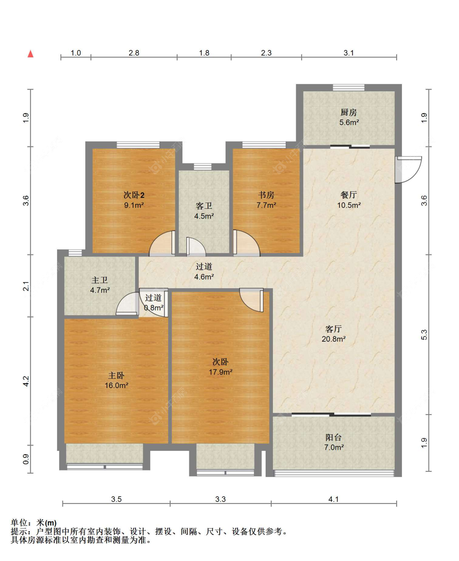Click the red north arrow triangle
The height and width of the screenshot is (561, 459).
pyautogui.click(x=31, y=54)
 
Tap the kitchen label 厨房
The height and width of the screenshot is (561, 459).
pyautogui.click(x=348, y=113)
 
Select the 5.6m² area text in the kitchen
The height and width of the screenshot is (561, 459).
pyautogui.click(x=349, y=122)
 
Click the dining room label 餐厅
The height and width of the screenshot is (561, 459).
pyautogui.click(x=348, y=195)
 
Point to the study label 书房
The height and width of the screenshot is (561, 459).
pyautogui.click(x=266, y=195)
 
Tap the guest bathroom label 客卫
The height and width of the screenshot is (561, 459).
pyautogui.click(x=204, y=206)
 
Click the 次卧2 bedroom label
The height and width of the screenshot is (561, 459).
pyautogui.click(x=134, y=195)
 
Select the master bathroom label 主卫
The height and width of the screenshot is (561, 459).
pyautogui.click(x=100, y=280)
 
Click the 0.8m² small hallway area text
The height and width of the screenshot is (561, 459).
pyautogui.click(x=154, y=308)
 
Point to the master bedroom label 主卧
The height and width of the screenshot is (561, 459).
pyautogui.click(x=116, y=375)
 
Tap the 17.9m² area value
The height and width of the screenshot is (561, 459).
pyautogui.click(x=220, y=372)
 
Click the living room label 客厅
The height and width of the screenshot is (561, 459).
pyautogui.click(x=333, y=329)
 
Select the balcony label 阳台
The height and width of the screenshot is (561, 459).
pyautogui.click(x=333, y=437)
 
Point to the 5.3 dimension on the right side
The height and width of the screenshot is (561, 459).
pyautogui.click(x=424, y=335)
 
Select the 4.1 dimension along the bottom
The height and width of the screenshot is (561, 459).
pyautogui.click(x=333, y=499)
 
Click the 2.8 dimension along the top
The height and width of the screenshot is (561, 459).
pyautogui.click(x=134, y=53)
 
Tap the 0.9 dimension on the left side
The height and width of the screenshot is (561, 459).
pyautogui.click(x=26, y=459)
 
